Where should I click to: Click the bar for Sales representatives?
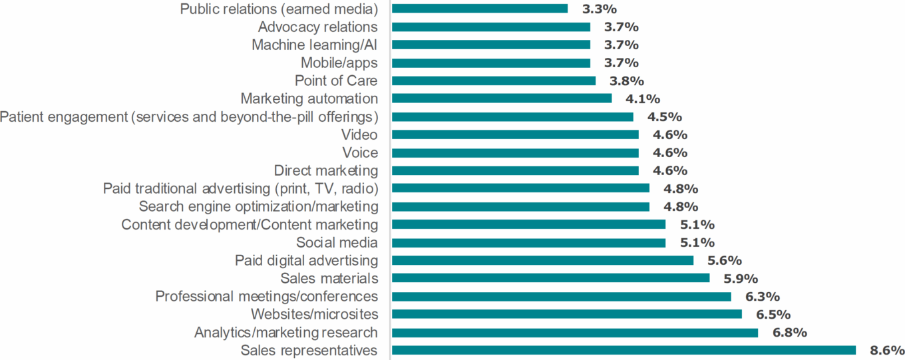(x=624, y=350)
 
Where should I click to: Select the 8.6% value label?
(x=887, y=350)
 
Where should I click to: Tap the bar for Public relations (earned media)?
(x=480, y=9)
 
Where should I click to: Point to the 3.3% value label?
(x=600, y=9)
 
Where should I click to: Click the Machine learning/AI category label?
(x=315, y=45)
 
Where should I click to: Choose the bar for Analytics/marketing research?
(x=575, y=332)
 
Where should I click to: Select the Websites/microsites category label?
(x=314, y=314)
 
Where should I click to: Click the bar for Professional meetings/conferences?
(x=562, y=296)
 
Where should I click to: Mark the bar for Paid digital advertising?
(x=542, y=260)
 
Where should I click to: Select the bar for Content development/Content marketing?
(x=528, y=224)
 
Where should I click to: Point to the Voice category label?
(x=360, y=152)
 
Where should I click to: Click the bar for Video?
(x=515, y=134)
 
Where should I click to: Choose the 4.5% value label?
(x=665, y=117)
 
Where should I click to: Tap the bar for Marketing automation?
(x=502, y=98)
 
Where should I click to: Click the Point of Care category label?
(x=336, y=81)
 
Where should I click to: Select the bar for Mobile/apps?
(x=491, y=63)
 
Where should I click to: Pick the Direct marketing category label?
(x=326, y=170)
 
